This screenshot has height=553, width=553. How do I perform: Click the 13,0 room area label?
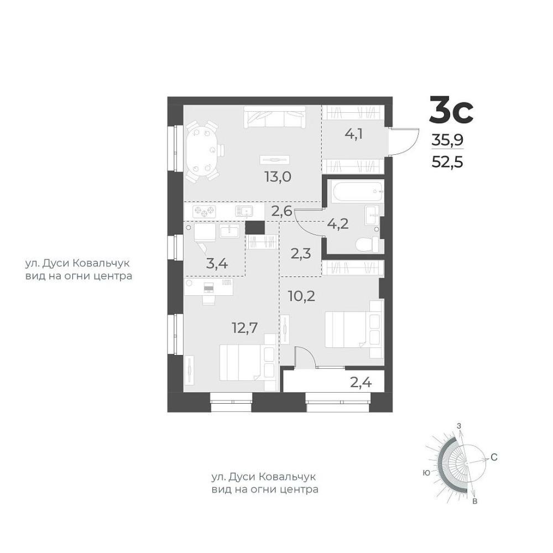coord(278,176)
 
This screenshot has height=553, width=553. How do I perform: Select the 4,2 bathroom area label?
coord(337,223)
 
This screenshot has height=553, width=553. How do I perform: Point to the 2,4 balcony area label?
coord(361,382)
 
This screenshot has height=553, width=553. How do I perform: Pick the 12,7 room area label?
coord(245,327)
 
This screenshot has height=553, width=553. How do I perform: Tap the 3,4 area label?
coord(217,263)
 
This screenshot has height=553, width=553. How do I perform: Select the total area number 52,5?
coord(447,163)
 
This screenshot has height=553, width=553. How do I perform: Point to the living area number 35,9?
coord(447,140)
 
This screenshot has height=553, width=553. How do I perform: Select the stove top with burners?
coord(204,212)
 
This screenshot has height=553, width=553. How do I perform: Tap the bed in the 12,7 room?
coord(248,363)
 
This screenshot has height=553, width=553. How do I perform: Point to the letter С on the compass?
coord(494,457)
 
